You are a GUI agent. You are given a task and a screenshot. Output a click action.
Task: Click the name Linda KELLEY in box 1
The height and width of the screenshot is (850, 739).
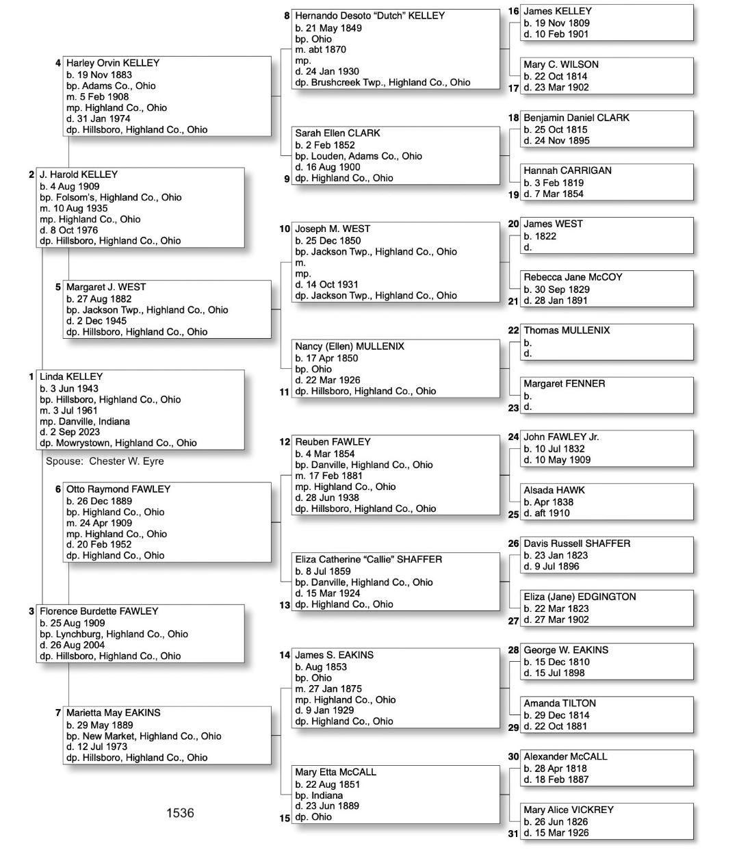71,376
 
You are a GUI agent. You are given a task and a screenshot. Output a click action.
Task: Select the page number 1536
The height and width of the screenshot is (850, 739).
180,813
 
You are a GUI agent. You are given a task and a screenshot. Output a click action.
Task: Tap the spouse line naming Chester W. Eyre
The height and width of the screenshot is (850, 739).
105,461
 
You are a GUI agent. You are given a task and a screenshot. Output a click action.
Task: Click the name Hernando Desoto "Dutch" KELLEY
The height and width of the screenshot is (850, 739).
369,16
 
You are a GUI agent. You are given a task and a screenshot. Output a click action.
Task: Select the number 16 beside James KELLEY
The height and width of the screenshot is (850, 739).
514,12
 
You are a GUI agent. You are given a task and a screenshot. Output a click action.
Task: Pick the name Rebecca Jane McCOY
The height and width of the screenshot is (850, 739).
573,277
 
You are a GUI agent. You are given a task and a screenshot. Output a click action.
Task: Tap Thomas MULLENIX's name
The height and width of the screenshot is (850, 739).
567,331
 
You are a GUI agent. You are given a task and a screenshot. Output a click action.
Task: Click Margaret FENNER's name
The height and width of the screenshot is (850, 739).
564,384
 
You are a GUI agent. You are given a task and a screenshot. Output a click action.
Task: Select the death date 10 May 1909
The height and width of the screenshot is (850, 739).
557,460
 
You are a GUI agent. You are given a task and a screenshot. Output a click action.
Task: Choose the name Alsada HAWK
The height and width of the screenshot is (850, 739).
554,490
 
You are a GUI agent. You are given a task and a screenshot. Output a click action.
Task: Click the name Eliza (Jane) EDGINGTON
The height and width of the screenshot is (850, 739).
580,597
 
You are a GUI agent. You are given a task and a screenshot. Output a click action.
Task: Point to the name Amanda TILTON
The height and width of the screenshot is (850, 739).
560,704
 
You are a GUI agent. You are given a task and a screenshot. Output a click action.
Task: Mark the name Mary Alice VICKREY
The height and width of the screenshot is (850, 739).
569,810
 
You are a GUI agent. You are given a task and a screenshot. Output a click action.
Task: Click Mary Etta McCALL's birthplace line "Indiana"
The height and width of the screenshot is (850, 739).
319,795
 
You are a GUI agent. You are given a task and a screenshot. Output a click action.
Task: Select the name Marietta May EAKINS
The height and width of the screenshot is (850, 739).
114,713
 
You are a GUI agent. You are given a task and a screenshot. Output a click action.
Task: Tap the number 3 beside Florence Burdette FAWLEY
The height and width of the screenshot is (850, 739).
31,611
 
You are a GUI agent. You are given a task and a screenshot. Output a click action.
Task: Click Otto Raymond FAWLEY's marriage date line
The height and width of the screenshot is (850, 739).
99,523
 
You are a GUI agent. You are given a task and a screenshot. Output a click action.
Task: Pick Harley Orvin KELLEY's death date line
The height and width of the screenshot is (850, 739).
99,118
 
